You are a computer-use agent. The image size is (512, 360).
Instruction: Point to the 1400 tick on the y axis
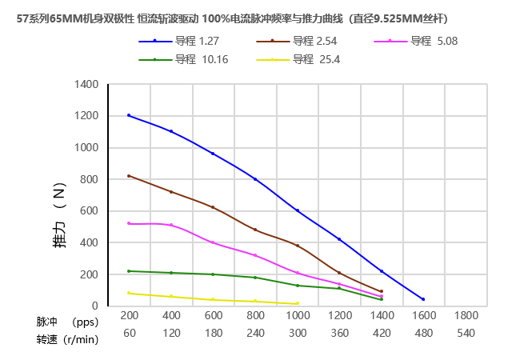click(86, 84)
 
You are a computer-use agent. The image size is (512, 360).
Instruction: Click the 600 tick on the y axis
click(90, 210)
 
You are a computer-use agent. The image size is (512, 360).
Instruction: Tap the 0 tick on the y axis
click(95, 306)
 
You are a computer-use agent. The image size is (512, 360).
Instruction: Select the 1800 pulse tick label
click(466, 317)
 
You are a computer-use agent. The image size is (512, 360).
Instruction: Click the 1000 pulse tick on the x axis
click(298, 317)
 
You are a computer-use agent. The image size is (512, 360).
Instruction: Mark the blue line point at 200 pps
click(129, 115)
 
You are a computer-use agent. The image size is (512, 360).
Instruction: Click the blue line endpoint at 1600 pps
click(423, 299)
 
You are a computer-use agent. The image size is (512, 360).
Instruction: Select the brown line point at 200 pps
click(129, 176)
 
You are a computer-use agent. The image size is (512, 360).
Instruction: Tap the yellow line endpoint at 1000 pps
click(298, 303)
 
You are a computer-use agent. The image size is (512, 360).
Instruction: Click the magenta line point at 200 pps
click(129, 223)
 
